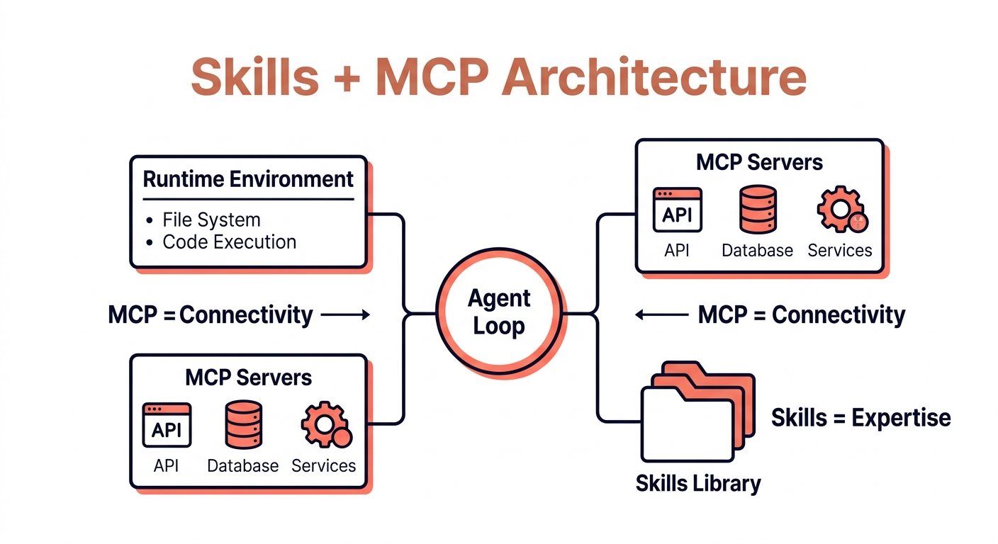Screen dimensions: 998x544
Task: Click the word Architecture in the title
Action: [x=654, y=76]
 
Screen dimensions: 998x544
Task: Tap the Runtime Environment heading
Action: [x=248, y=179]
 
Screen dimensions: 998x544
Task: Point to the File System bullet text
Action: [x=211, y=220]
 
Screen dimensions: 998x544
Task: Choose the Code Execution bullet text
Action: [x=230, y=242]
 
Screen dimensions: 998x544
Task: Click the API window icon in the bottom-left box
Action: [x=167, y=425]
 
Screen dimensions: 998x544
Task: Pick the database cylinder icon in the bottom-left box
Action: [x=243, y=424]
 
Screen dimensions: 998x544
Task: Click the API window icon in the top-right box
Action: [x=677, y=210]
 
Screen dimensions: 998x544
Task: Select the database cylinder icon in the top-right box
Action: [x=758, y=209]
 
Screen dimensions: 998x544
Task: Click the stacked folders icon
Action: [x=697, y=412]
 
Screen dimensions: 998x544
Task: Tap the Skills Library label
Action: [x=698, y=484]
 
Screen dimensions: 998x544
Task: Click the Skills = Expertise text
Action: [x=860, y=418]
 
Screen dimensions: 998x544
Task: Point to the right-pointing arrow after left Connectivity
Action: [x=345, y=314]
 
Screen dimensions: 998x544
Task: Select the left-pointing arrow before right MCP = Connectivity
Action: [x=661, y=314]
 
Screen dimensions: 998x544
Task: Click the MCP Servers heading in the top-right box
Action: [x=759, y=162]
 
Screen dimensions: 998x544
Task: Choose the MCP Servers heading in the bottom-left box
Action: [x=248, y=378]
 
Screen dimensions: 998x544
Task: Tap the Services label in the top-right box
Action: [x=840, y=250]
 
